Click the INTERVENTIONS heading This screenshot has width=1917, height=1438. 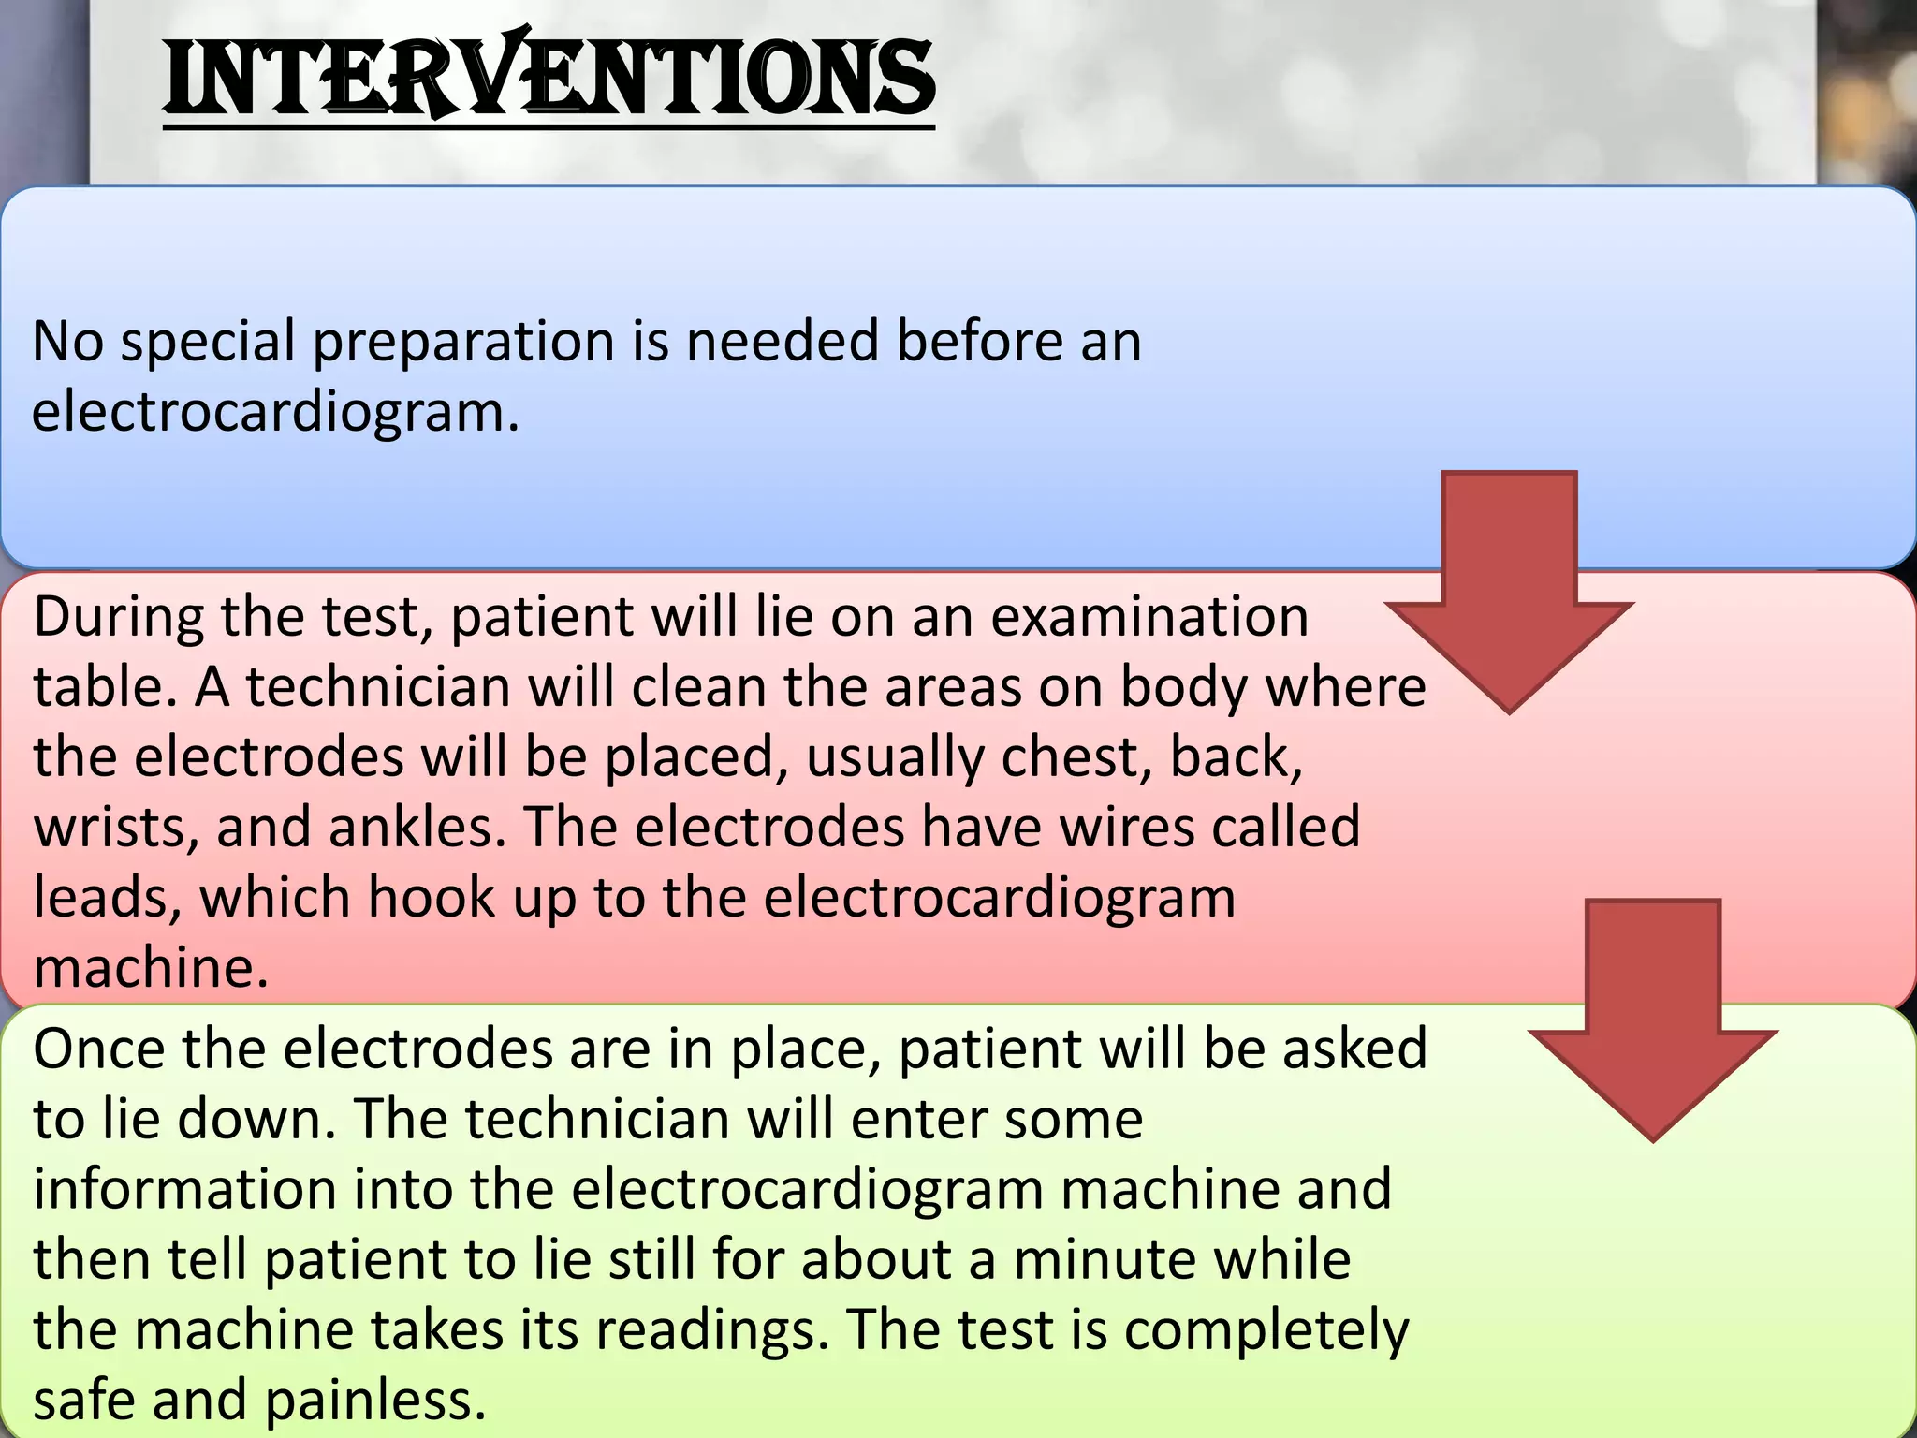(x=549, y=79)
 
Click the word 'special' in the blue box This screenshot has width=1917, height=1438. (x=208, y=342)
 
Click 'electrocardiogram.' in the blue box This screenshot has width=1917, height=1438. (x=275, y=412)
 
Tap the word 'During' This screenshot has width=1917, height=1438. (x=118, y=618)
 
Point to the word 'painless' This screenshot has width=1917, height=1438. (x=375, y=1401)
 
